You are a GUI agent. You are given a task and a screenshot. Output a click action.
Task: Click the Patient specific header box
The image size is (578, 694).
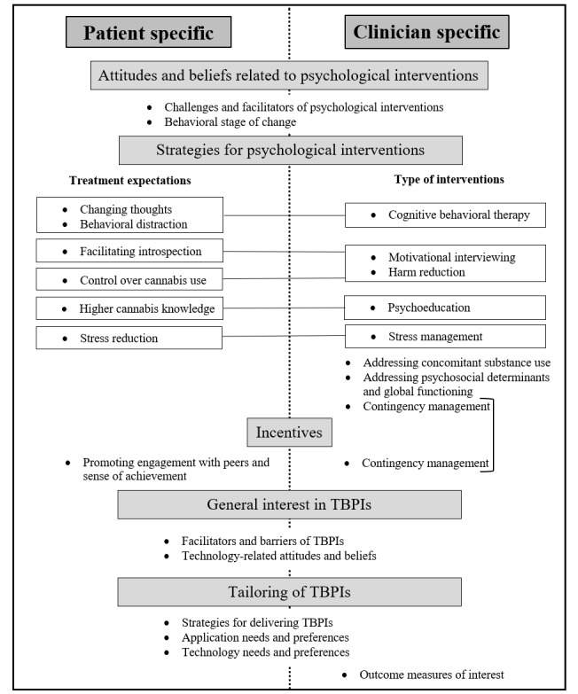(x=148, y=33)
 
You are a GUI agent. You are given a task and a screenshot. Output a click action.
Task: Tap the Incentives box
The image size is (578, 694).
(x=289, y=433)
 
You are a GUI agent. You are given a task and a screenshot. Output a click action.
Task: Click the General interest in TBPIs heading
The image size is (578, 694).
(x=289, y=505)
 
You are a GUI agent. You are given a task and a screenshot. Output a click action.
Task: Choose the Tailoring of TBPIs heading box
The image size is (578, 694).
(x=289, y=591)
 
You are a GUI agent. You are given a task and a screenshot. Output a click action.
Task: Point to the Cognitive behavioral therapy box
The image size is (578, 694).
(x=445, y=215)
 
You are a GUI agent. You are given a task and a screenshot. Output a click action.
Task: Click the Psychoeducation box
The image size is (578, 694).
(x=445, y=308)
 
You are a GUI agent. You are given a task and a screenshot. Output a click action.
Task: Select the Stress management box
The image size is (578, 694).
(x=445, y=337)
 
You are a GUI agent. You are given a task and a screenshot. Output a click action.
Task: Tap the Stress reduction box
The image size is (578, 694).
(x=129, y=338)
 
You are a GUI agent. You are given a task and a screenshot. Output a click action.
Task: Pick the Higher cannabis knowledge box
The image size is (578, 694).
(x=129, y=308)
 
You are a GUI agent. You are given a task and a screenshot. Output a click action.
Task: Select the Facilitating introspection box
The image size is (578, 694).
(x=129, y=250)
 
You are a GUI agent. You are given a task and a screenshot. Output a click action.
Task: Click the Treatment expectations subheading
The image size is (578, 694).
(x=130, y=182)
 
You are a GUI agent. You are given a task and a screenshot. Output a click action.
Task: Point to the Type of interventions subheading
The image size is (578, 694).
(x=449, y=180)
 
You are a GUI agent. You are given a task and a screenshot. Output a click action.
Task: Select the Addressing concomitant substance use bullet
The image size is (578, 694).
(x=456, y=363)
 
